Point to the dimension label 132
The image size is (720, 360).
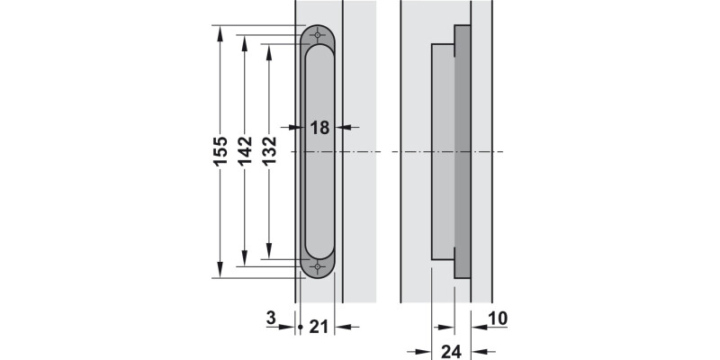pos(268,152)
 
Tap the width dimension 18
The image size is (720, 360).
pos(320,128)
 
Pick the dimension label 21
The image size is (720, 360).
pos(319,328)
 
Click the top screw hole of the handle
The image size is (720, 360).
pos(317,35)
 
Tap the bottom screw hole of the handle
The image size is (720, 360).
pos(317,267)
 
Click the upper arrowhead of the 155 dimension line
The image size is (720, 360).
pos(220,31)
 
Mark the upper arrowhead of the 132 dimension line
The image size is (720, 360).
pos(269,49)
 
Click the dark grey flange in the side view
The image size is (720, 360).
pos(462,151)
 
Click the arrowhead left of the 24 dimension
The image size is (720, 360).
pos(427,351)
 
